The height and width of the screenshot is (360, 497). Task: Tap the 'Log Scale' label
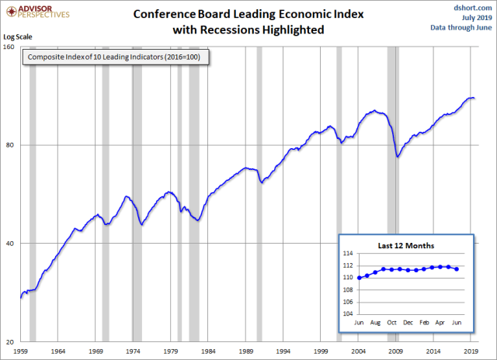[x=19, y=37]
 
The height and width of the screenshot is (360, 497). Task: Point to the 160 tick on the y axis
[x=11, y=47]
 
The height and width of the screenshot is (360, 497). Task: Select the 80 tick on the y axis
[x=12, y=145]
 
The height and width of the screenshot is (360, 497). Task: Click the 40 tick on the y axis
[x=12, y=244]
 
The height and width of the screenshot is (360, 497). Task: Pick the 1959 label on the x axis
[x=21, y=351]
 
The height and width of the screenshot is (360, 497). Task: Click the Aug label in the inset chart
[x=375, y=321]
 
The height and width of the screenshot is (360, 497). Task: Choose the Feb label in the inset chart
[x=424, y=321]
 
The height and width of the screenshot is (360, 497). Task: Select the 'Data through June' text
[x=461, y=27]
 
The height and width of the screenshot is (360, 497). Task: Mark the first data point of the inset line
[x=359, y=278]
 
